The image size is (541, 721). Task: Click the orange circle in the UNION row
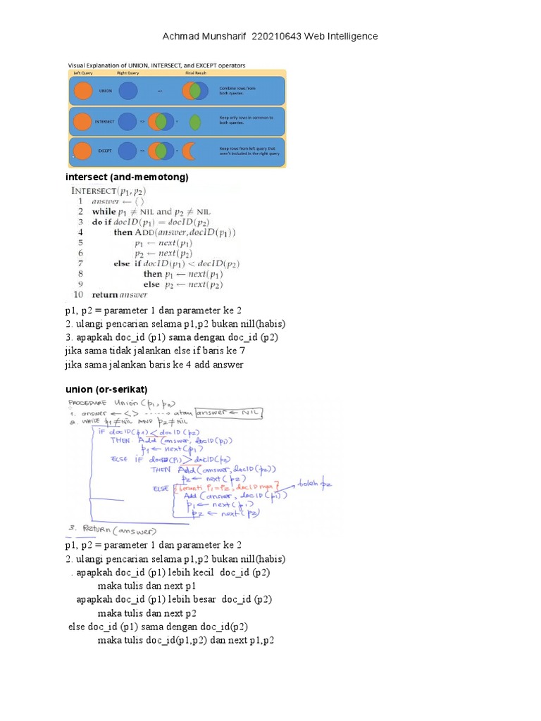pyautogui.click(x=83, y=91)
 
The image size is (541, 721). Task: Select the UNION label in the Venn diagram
pyautogui.click(x=105, y=91)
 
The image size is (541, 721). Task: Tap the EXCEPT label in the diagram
pyautogui.click(x=105, y=151)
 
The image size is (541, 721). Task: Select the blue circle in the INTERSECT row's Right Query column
pyautogui.click(x=128, y=121)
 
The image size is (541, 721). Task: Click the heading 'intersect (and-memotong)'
pyautogui.click(x=127, y=177)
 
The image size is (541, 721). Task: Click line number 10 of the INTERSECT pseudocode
pyautogui.click(x=77, y=295)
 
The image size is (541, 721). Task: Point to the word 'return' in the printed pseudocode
pyautogui.click(x=104, y=295)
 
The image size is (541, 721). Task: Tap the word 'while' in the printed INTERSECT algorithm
pyautogui.click(x=104, y=211)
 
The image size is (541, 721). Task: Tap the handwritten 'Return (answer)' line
pyautogui.click(x=120, y=529)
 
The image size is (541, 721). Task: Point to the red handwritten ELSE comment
pyautogui.click(x=225, y=488)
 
